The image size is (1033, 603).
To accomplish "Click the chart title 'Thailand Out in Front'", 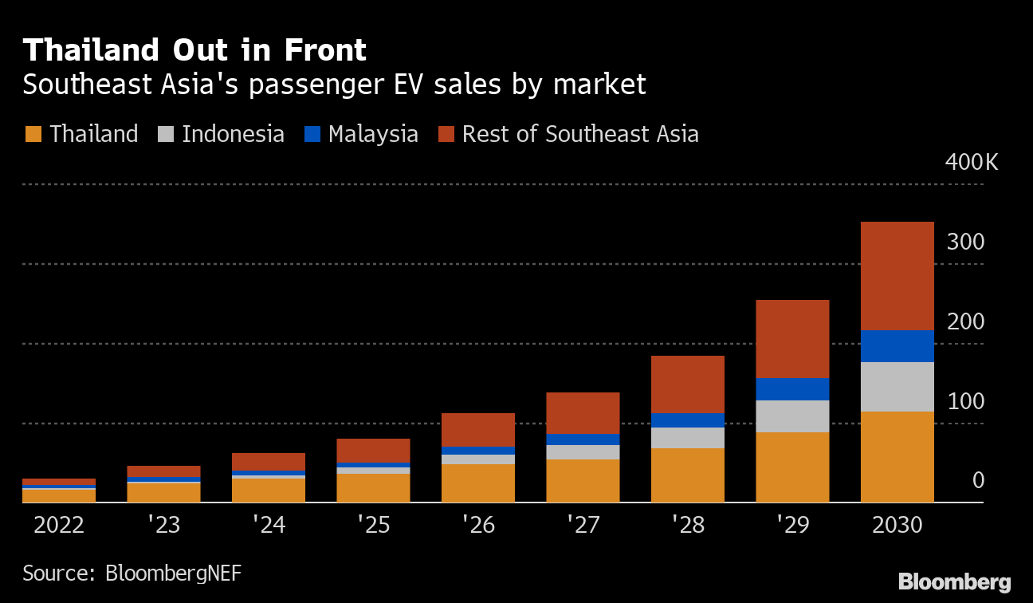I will tap(194, 50).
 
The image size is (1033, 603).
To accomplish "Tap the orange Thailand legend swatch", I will tap(33, 134).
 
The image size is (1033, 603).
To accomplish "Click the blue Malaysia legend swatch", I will tap(312, 134).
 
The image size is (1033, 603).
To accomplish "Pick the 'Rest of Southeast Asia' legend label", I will tap(580, 134).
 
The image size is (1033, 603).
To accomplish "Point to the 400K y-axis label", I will tap(971, 163).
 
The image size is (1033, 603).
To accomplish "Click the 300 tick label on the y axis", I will tap(966, 242).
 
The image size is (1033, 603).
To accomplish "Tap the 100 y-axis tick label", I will tap(966, 402).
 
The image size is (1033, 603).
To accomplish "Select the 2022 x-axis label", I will tap(58, 526).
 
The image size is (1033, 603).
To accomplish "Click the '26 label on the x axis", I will tap(477, 526).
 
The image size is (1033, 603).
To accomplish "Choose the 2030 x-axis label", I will tap(897, 526).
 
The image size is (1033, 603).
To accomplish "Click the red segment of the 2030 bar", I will tap(897, 275).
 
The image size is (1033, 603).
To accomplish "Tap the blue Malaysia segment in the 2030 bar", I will tap(897, 346).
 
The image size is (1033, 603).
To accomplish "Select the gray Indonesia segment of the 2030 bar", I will tap(897, 387).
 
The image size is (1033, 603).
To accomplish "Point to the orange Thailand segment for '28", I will tap(688, 475).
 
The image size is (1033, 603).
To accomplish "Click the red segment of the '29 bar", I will tap(792, 339).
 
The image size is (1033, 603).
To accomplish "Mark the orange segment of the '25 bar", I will tap(373, 488).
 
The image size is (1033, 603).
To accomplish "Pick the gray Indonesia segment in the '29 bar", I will tap(792, 416).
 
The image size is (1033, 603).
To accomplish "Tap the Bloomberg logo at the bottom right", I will tap(954, 582).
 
